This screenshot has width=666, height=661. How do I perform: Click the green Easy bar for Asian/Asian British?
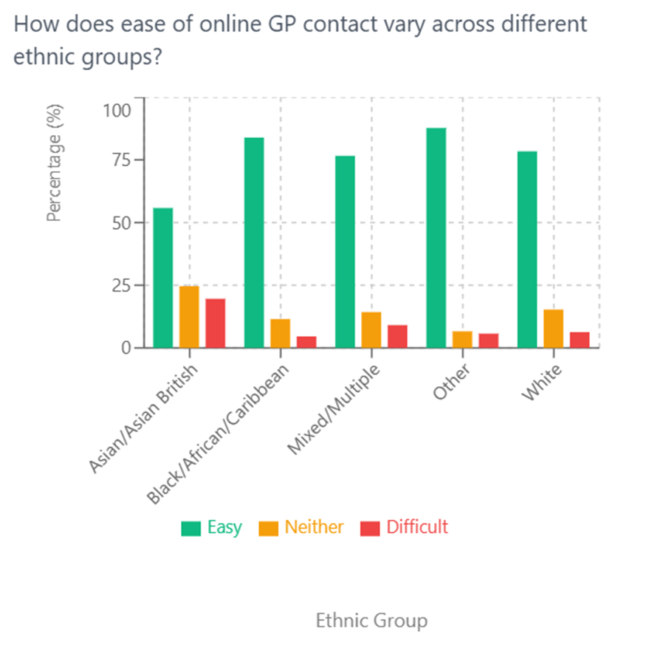[x=162, y=278]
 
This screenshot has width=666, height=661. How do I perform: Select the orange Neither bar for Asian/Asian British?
[x=189, y=317]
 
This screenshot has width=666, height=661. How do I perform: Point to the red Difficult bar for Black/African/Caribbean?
[x=306, y=342]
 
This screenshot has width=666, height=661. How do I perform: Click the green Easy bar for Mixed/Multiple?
[x=345, y=252]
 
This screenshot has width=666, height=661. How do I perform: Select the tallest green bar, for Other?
[x=436, y=238]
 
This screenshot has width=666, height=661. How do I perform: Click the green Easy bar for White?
[x=527, y=250]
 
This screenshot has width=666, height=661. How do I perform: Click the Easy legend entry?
[x=212, y=527]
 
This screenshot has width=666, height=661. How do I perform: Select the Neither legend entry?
[x=301, y=527]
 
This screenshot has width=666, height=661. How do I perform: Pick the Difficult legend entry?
[x=404, y=527]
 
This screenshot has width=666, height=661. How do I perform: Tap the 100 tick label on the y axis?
[x=115, y=111]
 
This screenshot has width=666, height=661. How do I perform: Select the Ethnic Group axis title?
[x=371, y=620]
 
